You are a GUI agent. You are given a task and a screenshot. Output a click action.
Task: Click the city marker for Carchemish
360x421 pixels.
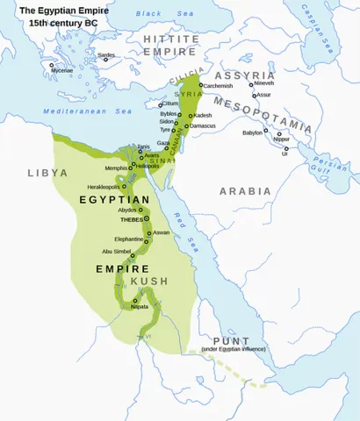pyautogui.click(x=201, y=85)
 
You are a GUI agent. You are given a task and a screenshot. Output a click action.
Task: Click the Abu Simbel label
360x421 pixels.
pyautogui.click(x=117, y=251)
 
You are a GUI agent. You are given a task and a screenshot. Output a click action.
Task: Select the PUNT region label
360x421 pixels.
pyautogui.click(x=223, y=340)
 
